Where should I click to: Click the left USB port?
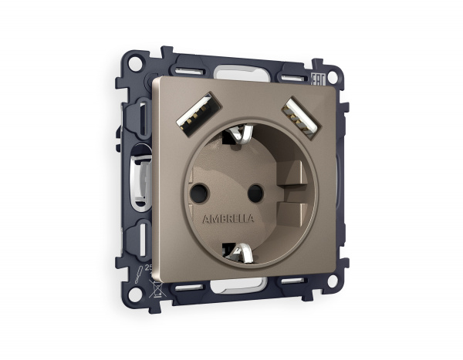click(x=190, y=112)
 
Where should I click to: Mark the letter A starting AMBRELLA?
click(x=205, y=219)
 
